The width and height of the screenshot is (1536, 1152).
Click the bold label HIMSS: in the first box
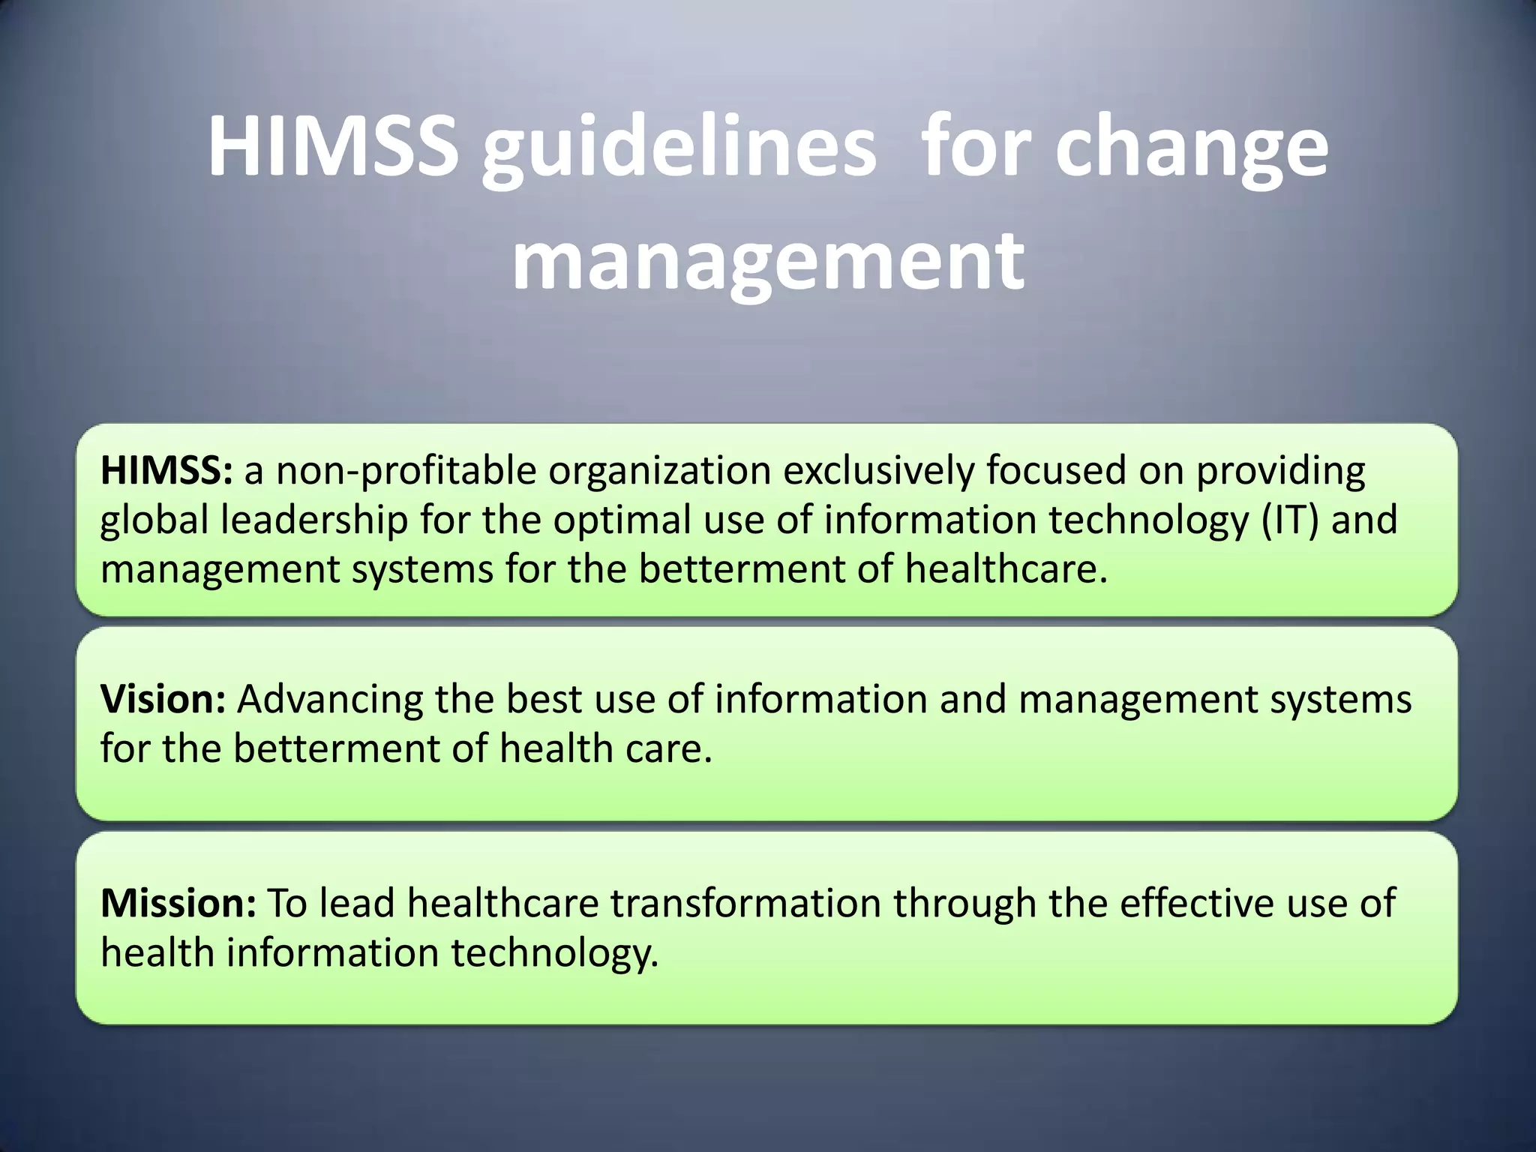point(166,471)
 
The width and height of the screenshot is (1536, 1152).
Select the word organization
point(660,471)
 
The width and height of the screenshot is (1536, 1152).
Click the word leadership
point(313,520)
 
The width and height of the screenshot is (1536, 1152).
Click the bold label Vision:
point(163,699)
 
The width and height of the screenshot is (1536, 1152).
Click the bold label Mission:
point(178,903)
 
